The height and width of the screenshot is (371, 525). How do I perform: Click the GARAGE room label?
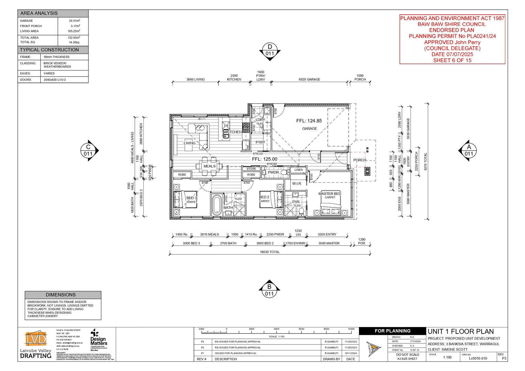click(309, 128)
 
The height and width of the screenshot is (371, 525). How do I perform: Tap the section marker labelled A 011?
click(469, 150)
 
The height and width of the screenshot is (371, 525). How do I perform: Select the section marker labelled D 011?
click(270, 50)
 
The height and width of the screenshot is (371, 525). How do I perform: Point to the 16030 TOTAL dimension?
click(270, 252)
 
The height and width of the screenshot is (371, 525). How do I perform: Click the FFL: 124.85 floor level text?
click(309, 121)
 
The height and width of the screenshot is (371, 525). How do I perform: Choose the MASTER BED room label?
click(329, 194)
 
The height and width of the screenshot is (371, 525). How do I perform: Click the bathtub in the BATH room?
click(217, 205)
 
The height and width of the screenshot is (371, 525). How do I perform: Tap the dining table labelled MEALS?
click(209, 166)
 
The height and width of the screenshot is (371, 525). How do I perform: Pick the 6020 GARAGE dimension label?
click(309, 79)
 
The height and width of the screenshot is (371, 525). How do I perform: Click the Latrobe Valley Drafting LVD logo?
click(35, 339)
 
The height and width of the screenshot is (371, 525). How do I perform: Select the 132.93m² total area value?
click(74, 37)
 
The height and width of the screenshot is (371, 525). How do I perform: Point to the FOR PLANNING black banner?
click(392, 331)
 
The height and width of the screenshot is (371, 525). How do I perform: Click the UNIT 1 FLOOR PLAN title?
click(460, 331)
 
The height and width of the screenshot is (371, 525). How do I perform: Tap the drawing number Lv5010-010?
click(478, 358)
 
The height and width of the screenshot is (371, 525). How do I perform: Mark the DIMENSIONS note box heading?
click(61, 295)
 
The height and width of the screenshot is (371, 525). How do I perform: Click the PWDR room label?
click(273, 172)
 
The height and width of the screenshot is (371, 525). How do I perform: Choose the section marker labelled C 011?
click(88, 150)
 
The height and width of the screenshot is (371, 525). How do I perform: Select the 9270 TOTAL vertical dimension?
click(425, 162)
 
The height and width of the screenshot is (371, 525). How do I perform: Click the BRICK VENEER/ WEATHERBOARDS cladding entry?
click(57, 65)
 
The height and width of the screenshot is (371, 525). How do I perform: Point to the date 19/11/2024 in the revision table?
click(350, 353)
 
